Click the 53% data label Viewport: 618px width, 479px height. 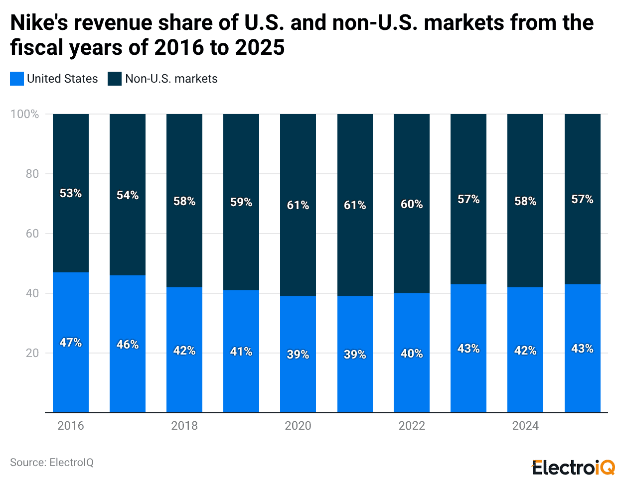tap(70, 193)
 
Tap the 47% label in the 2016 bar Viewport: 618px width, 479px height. tap(70, 343)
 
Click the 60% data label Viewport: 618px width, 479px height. tap(412, 204)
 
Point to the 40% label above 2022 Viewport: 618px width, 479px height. tap(412, 354)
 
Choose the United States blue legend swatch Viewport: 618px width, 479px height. tap(17, 79)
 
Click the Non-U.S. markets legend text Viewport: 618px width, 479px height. tap(171, 79)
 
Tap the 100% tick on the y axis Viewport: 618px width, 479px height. tap(25, 114)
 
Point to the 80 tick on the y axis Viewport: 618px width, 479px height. tap(32, 174)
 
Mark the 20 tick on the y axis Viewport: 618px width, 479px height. tap(32, 353)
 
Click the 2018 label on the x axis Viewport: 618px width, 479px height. tap(184, 426)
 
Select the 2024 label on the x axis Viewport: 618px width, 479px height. tap(525, 426)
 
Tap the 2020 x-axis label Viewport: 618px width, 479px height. tap(298, 426)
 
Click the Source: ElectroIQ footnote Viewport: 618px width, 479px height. tap(52, 463)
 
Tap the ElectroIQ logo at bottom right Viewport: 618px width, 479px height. tap(573, 468)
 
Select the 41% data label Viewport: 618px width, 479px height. tap(241, 352)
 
